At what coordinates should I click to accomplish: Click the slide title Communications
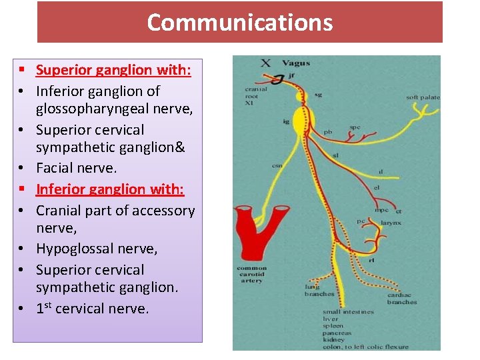click(x=239, y=23)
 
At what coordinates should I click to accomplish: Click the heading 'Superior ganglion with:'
click(x=113, y=70)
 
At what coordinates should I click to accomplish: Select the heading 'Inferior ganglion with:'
click(x=110, y=189)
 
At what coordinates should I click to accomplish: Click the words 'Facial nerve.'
click(x=76, y=168)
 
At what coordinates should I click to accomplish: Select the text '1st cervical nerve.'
click(x=93, y=309)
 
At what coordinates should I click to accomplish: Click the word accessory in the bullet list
click(x=161, y=211)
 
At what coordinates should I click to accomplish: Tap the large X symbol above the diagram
click(x=265, y=63)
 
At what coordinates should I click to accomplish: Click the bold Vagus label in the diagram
click(x=295, y=63)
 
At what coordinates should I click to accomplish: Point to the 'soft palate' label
click(x=423, y=97)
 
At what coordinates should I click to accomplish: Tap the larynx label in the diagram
click(x=391, y=223)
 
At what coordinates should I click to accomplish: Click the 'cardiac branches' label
click(x=402, y=299)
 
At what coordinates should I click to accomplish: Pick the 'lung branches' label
click(x=319, y=290)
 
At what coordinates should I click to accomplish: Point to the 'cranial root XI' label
click(x=256, y=96)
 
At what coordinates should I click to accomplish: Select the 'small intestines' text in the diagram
click(x=348, y=311)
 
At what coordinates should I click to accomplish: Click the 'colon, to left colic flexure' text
click(x=365, y=346)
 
